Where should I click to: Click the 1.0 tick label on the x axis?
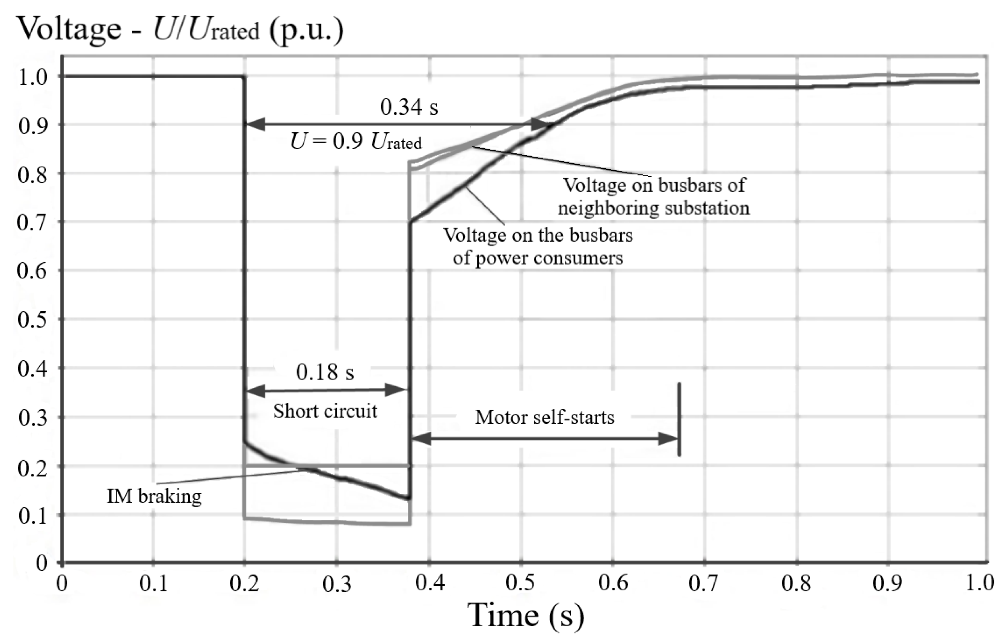pyautogui.click(x=980, y=583)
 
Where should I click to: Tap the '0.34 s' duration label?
pyautogui.click(x=409, y=107)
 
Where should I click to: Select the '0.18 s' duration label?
pyautogui.click(x=325, y=372)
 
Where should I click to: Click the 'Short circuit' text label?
pyautogui.click(x=325, y=411)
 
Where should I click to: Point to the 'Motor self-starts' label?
pyautogui.click(x=545, y=417)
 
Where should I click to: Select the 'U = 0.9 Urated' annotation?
pyautogui.click(x=356, y=142)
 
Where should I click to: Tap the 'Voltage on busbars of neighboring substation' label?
pyautogui.click(x=654, y=196)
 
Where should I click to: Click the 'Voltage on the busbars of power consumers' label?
pyautogui.click(x=538, y=246)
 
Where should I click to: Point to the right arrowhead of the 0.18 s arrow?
pyautogui.click(x=395, y=391)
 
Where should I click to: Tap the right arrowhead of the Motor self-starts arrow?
pyautogui.click(x=667, y=439)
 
